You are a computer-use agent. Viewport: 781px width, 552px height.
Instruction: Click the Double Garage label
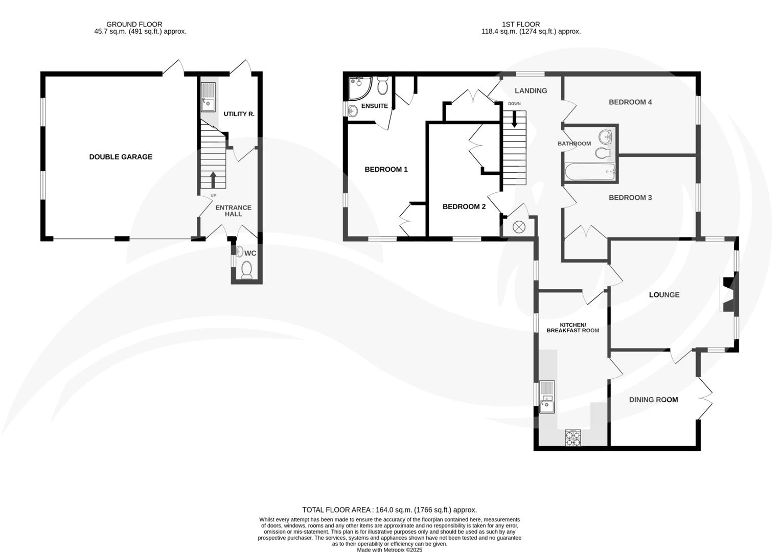(121, 157)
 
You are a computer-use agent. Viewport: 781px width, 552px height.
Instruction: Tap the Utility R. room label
(239, 114)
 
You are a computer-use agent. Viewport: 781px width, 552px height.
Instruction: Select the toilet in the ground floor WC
(247, 269)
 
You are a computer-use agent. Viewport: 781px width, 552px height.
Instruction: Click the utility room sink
(209, 97)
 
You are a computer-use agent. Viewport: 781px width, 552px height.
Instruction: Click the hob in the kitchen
(572, 438)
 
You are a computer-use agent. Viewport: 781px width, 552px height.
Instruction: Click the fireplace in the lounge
(728, 294)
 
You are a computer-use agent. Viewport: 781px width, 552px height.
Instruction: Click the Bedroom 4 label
(630, 102)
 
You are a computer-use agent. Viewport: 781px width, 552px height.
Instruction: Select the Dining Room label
(653, 400)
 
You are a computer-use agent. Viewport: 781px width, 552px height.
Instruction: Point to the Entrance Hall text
(233, 211)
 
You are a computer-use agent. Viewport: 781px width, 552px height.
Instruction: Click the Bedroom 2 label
(464, 206)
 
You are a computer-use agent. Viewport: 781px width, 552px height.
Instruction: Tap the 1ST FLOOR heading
(520, 24)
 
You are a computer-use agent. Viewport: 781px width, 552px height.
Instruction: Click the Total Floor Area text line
(389, 510)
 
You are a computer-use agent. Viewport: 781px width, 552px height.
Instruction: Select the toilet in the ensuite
(382, 86)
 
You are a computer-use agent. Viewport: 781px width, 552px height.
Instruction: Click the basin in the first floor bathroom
(606, 136)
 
